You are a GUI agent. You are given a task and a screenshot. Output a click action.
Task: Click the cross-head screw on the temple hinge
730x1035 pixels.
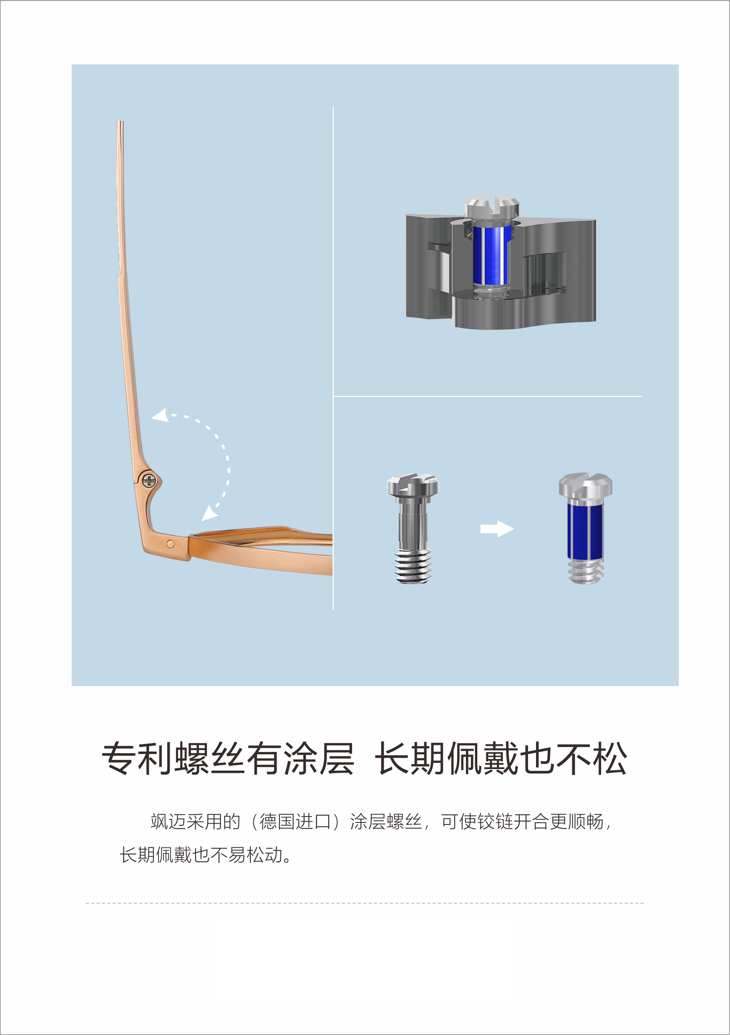[149, 481]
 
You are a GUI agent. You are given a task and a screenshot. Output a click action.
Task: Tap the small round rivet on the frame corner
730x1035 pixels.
[171, 544]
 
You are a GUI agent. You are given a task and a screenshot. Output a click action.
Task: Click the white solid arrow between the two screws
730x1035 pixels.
[497, 529]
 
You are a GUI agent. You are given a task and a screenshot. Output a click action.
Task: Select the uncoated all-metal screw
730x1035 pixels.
[413, 528]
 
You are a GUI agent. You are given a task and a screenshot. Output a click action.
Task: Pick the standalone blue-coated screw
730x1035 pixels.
[585, 528]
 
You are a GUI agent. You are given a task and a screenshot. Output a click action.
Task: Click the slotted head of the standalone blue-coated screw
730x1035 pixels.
[585, 485]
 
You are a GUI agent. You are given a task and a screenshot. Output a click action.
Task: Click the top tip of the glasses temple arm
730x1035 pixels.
[120, 122]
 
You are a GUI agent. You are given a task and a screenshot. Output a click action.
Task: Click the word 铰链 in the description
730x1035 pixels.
[495, 821]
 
